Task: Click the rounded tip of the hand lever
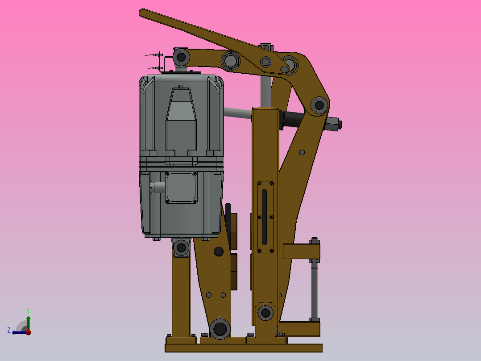pyautogui.click(x=143, y=13)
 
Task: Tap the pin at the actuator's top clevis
pyautogui.click(x=181, y=57)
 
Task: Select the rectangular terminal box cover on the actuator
pyautogui.click(x=181, y=188)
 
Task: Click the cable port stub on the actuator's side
pyautogui.click(x=157, y=187)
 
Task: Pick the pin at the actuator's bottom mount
pyautogui.click(x=181, y=248)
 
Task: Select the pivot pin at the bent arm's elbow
pyautogui.click(x=319, y=105)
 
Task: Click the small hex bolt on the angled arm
pyautogui.click(x=302, y=152)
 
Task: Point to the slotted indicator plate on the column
pyautogui.click(x=265, y=217)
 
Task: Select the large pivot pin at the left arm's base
pyautogui.click(x=220, y=329)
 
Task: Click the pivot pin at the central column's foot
pyautogui.click(x=265, y=313)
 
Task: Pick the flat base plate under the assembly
pyautogui.click(x=243, y=348)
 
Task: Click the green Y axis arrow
pyautogui.click(x=28, y=321)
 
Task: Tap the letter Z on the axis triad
pyautogui.click(x=9, y=330)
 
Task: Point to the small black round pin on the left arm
pyautogui.click(x=218, y=252)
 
